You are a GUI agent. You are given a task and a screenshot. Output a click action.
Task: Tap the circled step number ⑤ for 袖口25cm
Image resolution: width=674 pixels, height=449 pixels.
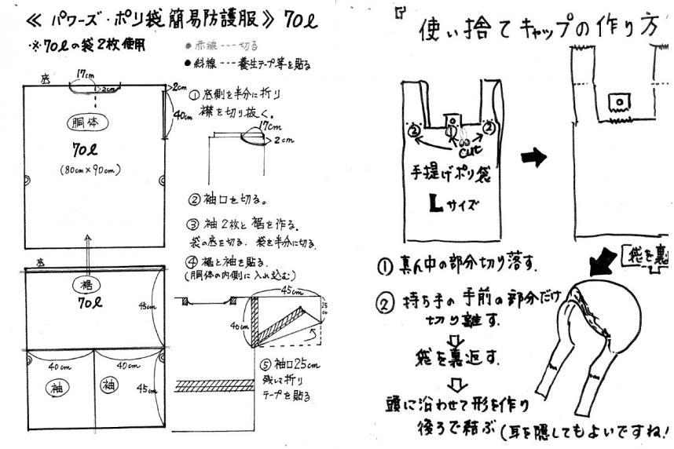tap(265, 365)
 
